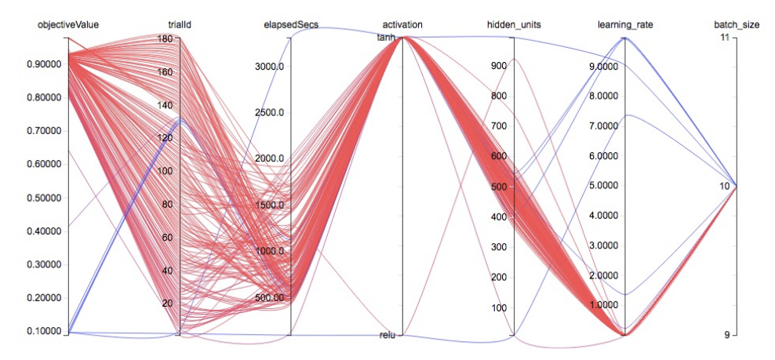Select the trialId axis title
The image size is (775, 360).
click(x=180, y=25)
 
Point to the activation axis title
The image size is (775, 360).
click(x=402, y=25)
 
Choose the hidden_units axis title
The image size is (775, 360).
click(x=514, y=25)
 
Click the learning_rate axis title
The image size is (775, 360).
click(x=625, y=25)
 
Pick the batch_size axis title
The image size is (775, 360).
click(x=737, y=25)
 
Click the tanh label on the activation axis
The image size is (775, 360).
click(x=388, y=38)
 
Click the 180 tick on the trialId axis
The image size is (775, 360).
click(x=165, y=38)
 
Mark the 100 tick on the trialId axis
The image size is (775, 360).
click(x=165, y=171)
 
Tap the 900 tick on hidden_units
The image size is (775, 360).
click(x=498, y=67)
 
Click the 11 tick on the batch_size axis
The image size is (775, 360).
click(x=725, y=38)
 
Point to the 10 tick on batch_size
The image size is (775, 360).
click(x=725, y=186)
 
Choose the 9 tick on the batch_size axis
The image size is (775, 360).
click(x=727, y=335)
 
